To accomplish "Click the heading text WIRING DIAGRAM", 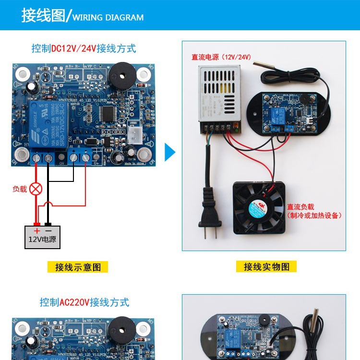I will tap(108, 17).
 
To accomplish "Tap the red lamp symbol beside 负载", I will tap(36, 189).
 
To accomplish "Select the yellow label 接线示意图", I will tap(78, 267).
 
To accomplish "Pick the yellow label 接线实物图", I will tap(266, 266).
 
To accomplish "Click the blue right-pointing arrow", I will tap(170, 152).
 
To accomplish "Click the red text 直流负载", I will tap(300, 207).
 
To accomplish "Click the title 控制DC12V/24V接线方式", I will tap(84, 48).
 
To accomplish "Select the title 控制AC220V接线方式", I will tap(84, 302).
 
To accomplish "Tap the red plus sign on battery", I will tap(36, 230).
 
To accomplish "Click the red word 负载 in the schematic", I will tap(20, 189).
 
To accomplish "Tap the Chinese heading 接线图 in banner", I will tap(43, 16).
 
